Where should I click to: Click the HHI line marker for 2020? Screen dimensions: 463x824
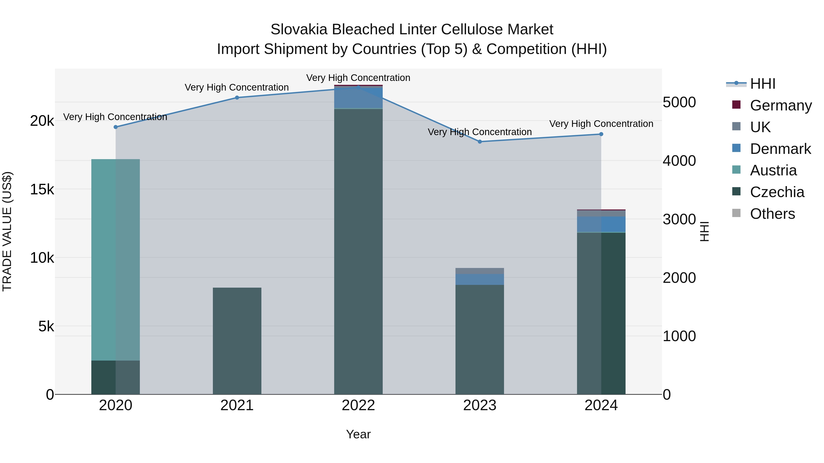[116, 127]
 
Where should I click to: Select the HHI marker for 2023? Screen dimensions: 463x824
[480, 142]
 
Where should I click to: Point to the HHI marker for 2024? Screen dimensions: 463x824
[601, 134]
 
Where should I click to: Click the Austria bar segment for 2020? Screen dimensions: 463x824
[116, 260]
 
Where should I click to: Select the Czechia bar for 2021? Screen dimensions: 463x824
[237, 341]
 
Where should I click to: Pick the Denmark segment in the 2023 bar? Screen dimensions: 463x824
[480, 279]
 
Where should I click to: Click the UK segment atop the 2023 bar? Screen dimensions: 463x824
[480, 271]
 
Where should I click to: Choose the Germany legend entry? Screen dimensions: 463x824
[781, 105]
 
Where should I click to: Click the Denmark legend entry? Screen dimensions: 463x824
[780, 149]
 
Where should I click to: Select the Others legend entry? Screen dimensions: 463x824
[772, 214]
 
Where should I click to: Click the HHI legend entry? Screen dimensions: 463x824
[763, 84]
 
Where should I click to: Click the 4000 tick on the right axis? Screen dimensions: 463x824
[679, 161]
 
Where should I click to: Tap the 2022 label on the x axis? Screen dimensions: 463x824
[358, 405]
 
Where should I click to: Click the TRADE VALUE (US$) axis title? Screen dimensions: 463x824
[7, 231]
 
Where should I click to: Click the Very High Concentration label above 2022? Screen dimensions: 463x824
[358, 78]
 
